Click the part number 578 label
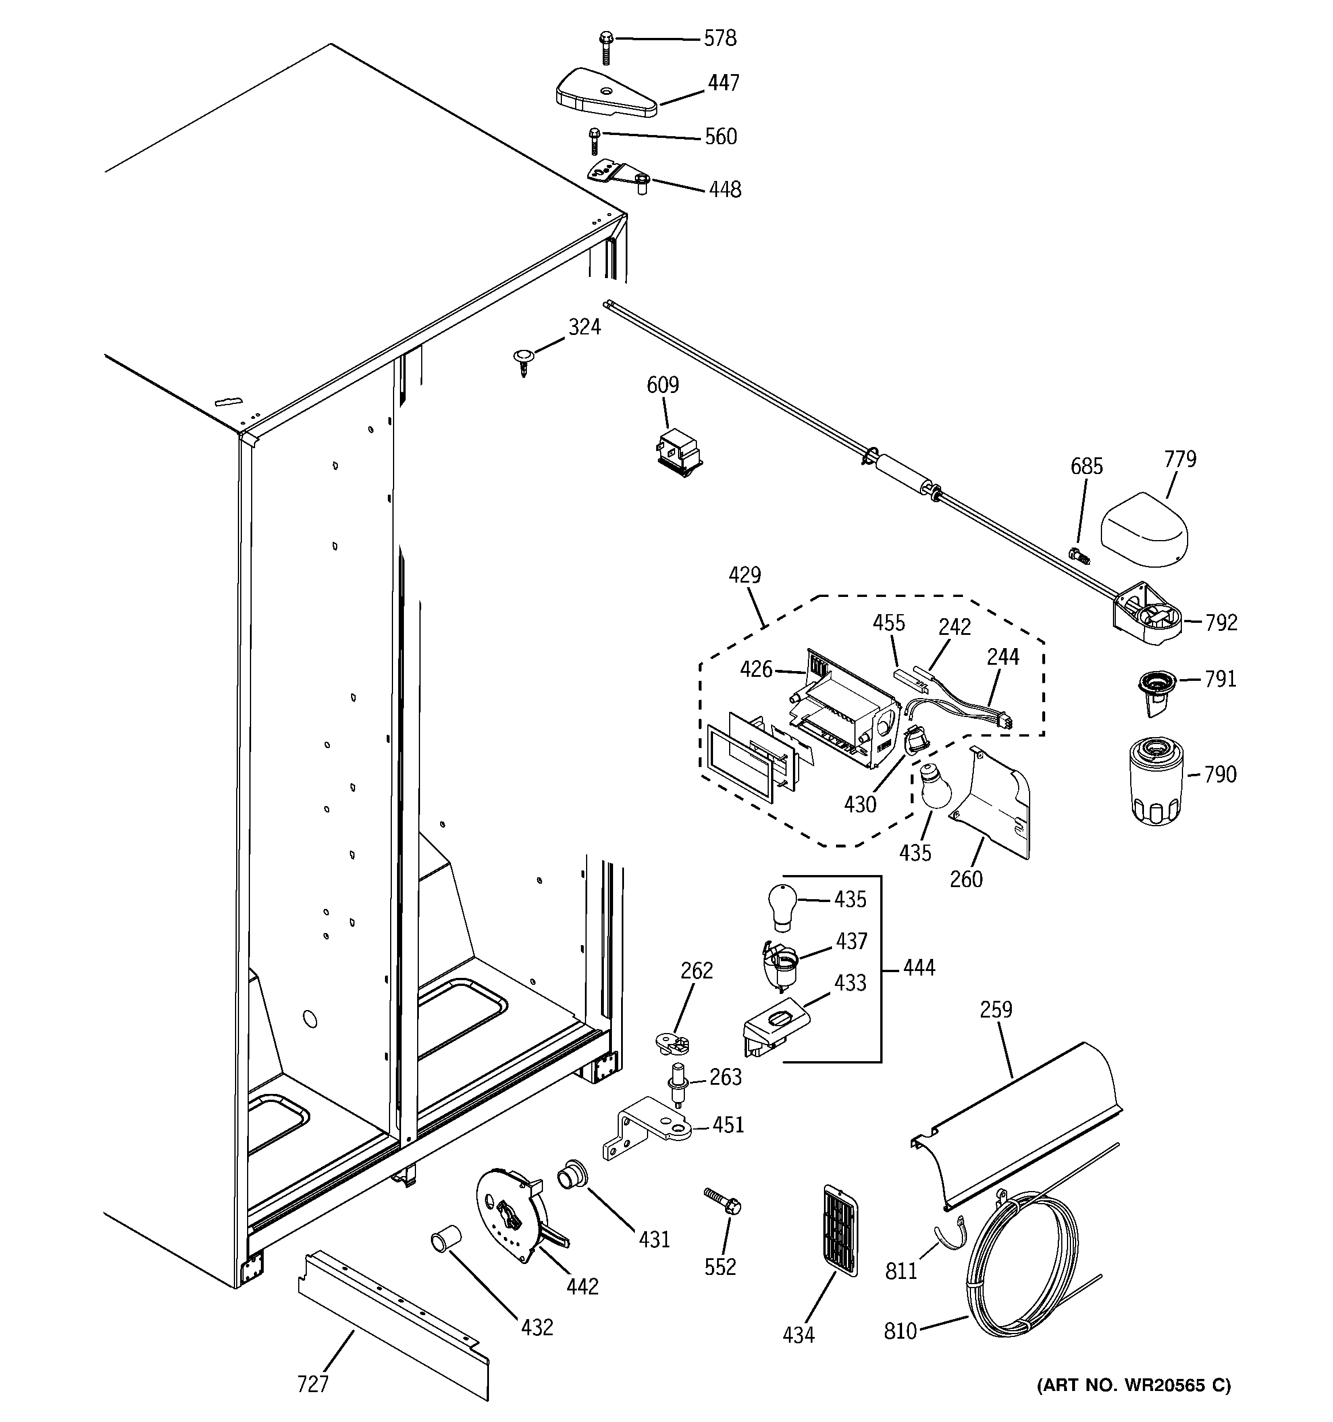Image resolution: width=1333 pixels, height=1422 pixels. (x=720, y=38)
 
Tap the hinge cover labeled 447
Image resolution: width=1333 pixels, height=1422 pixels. (x=606, y=94)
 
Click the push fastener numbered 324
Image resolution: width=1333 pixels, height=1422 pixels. (x=523, y=360)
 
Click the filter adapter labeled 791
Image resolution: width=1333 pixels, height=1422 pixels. (x=1155, y=689)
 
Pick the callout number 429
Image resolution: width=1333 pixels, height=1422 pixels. (x=744, y=575)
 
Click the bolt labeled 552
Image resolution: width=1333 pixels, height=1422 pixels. (x=722, y=1203)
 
